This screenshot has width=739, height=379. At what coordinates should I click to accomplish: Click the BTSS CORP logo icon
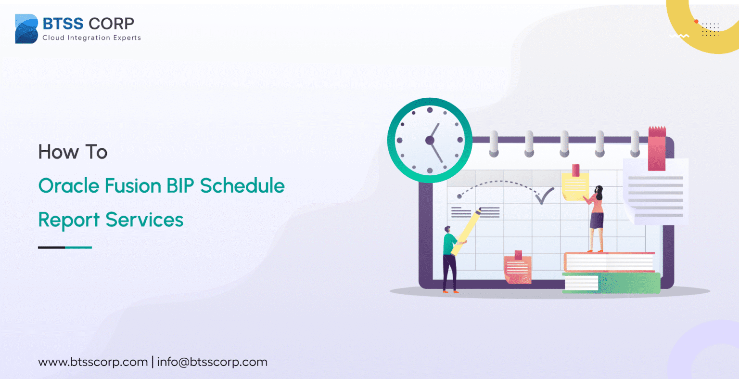pos(26,29)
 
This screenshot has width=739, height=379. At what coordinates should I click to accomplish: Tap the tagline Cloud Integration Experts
pos(91,38)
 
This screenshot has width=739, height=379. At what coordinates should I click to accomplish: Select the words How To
pos(73,152)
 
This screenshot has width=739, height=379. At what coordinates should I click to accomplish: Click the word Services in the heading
pos(144,220)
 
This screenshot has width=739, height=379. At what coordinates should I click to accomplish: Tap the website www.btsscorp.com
pos(93,362)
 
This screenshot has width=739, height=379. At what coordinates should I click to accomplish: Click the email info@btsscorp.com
pos(212,362)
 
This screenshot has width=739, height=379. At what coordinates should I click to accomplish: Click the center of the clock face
pos(430,141)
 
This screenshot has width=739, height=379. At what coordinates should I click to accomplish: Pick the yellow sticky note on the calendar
pos(575,186)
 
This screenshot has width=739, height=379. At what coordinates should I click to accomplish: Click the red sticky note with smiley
pos(518,269)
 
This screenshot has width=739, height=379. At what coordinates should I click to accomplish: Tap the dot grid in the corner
pos(710,29)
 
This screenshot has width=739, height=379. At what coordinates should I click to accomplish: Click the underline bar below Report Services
pos(65,248)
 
